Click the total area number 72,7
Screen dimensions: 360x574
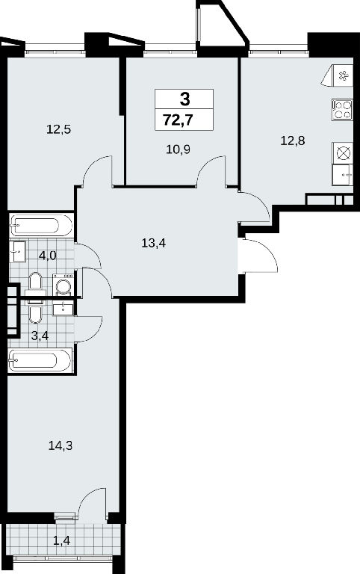[x=178, y=120]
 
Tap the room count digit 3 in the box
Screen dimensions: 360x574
[x=184, y=99]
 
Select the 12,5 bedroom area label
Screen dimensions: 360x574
[x=58, y=129]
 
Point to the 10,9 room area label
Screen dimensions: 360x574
[x=179, y=149]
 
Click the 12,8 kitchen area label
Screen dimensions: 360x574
[x=293, y=141]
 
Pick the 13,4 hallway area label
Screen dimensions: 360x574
[x=154, y=242]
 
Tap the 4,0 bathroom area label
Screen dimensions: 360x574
[x=48, y=255]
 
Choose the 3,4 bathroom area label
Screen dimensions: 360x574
[x=40, y=336]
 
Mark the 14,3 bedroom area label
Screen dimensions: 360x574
[x=60, y=445]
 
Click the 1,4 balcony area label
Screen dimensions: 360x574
[x=61, y=540]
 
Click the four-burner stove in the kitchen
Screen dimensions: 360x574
[x=342, y=110]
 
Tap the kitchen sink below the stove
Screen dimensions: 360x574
[x=343, y=175]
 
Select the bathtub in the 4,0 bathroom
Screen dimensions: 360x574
[x=41, y=225]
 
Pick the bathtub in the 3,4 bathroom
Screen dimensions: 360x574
[x=40, y=360]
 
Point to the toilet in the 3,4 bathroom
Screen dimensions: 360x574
[x=36, y=311]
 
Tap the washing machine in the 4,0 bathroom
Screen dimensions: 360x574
[x=63, y=284]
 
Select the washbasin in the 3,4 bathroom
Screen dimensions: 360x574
[x=63, y=308]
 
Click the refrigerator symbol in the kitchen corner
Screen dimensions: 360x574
[x=338, y=75]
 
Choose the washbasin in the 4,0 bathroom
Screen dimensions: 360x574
[x=18, y=251]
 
